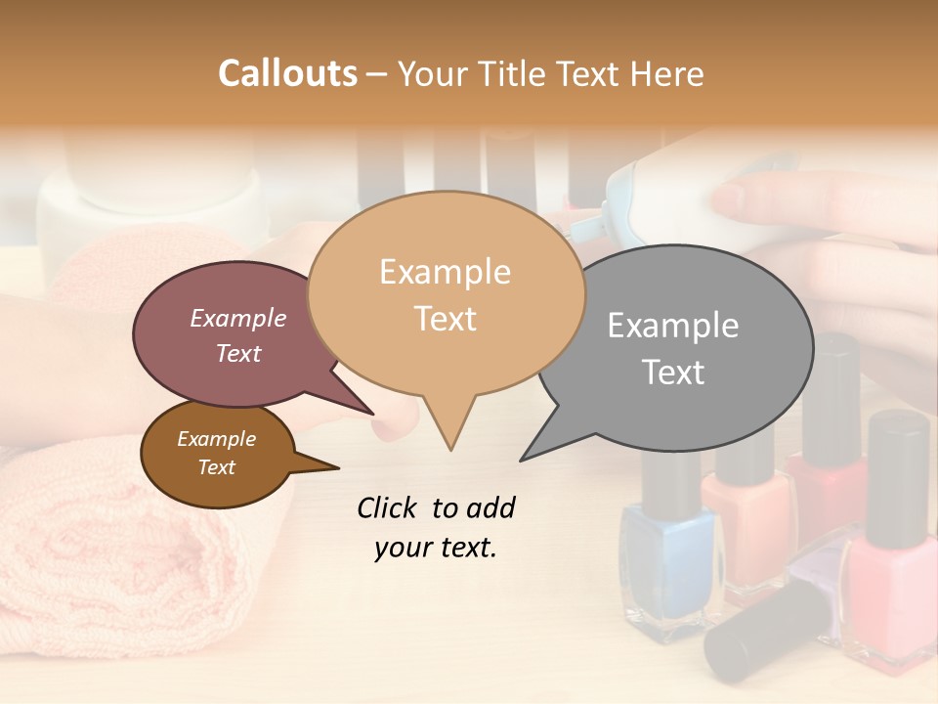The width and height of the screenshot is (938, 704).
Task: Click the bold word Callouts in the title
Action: tap(287, 73)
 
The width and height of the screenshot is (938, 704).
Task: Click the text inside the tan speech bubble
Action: tap(445, 295)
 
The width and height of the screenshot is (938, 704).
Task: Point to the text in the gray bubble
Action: tap(673, 348)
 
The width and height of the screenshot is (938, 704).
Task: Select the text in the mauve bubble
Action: tap(238, 335)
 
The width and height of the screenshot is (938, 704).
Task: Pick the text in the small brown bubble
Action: tap(216, 453)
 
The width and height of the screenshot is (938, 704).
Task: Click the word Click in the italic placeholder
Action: tap(389, 507)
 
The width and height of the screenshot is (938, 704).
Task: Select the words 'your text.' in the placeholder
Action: tap(436, 548)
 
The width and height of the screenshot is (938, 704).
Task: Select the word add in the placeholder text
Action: tap(490, 507)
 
